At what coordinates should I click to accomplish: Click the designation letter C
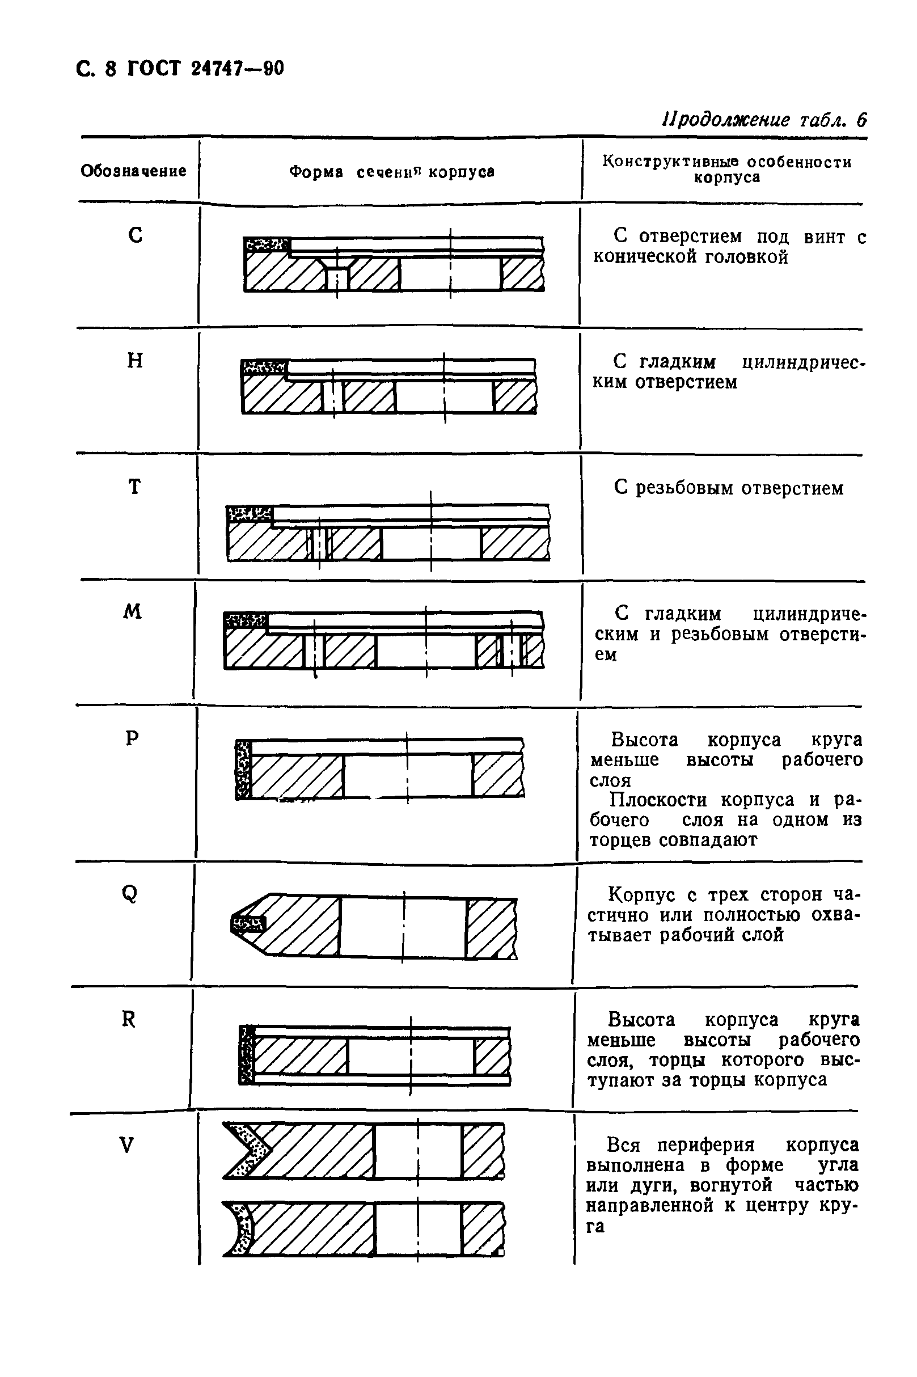[135, 235]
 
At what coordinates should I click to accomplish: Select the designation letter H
[135, 361]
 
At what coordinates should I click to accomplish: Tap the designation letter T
[134, 487]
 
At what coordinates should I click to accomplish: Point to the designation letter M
[133, 612]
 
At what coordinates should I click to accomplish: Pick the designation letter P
[132, 739]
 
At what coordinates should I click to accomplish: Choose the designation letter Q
[130, 893]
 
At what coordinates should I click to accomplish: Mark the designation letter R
[128, 1020]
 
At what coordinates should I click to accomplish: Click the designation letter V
[127, 1146]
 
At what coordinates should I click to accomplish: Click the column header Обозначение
[133, 171]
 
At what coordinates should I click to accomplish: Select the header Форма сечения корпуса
[392, 172]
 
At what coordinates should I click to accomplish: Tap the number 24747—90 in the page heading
[238, 69]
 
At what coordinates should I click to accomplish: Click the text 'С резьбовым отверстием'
[729, 488]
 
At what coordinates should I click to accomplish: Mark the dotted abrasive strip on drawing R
[247, 1055]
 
